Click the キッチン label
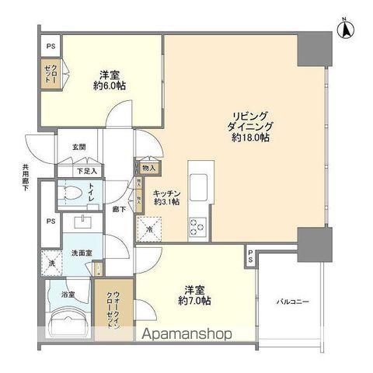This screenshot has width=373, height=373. (167, 193)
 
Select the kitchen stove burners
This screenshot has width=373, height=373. (195, 227)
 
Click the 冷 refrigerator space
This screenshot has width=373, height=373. (150, 230)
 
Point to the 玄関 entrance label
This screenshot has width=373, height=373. (79, 147)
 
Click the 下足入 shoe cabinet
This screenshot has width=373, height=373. (86, 170)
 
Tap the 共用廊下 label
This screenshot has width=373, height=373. (26, 177)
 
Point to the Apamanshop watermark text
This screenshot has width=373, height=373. (186, 336)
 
